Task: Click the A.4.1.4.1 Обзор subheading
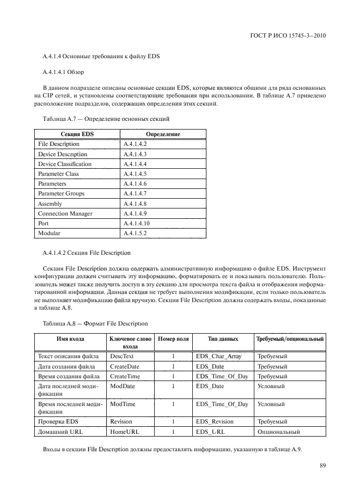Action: (x=64, y=72)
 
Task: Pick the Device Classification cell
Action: (x=65, y=164)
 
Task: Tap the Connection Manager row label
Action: (x=65, y=213)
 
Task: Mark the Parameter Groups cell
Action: (x=61, y=193)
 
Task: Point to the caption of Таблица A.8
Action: (x=95, y=323)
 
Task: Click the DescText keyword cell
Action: (x=122, y=356)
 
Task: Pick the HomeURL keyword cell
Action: (x=124, y=432)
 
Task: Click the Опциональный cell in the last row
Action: (x=278, y=432)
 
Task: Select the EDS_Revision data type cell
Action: (x=215, y=421)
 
